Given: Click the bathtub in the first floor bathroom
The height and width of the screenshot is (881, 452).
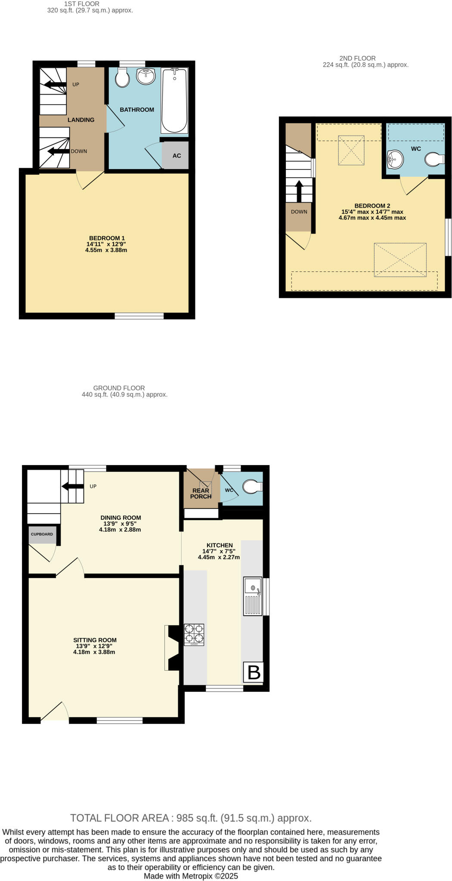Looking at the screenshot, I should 174,101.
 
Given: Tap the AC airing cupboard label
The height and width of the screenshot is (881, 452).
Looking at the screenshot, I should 176,156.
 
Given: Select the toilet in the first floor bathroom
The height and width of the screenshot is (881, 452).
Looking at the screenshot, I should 122,78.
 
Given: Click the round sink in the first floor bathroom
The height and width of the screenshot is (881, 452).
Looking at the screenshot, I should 146,77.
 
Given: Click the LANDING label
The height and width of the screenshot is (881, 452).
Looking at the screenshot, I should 81,120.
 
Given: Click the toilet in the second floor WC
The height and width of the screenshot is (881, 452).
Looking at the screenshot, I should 434,160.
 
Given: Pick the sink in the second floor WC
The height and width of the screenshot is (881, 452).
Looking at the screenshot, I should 395,159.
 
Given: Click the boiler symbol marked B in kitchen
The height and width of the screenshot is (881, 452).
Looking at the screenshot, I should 253,672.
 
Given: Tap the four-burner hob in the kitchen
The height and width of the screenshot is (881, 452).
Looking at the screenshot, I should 194,635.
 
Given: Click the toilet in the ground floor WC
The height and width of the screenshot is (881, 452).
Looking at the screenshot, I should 252,487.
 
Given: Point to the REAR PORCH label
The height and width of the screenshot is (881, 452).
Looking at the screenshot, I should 201,493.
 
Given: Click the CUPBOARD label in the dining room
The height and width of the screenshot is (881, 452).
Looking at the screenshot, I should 42,534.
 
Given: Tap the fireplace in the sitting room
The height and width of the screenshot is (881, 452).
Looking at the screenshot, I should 172,647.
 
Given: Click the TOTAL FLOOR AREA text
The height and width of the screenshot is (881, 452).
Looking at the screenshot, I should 191,818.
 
